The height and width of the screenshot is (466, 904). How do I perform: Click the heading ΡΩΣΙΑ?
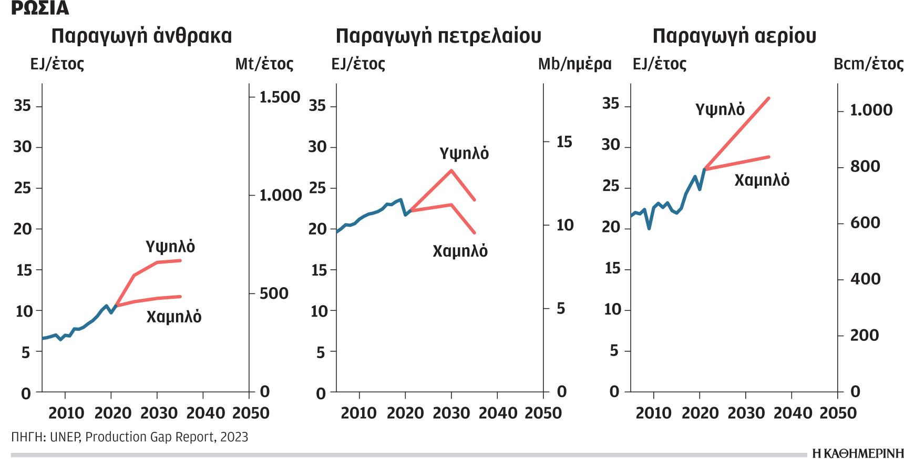pyautogui.click(x=40, y=8)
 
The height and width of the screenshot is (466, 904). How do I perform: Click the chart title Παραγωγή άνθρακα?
pyautogui.click(x=141, y=36)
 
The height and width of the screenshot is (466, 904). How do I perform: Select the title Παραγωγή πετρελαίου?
pyautogui.click(x=438, y=36)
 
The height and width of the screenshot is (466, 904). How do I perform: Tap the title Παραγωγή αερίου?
pyautogui.click(x=734, y=36)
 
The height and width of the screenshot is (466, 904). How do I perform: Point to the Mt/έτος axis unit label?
pyautogui.click(x=264, y=64)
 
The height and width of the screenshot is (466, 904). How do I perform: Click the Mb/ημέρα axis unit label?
pyautogui.click(x=574, y=64)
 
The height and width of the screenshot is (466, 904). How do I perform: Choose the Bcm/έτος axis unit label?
pyautogui.click(x=868, y=64)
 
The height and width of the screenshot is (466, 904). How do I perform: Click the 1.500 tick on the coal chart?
pyautogui.click(x=280, y=97)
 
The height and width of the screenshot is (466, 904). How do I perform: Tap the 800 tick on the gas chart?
pyautogui.click(x=865, y=166)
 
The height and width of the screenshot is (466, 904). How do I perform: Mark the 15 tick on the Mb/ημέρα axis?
pyautogui.click(x=564, y=141)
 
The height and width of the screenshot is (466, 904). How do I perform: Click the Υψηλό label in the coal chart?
pyautogui.click(x=170, y=246)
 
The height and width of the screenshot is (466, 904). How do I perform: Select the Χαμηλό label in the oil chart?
pyautogui.click(x=460, y=251)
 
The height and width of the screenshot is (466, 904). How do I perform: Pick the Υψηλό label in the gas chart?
pyautogui.click(x=720, y=109)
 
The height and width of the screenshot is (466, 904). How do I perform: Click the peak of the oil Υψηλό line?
pyautogui.click(x=451, y=170)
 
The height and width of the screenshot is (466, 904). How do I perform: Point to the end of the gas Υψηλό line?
pyautogui.click(x=769, y=98)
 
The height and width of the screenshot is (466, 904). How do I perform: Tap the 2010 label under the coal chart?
pyautogui.click(x=66, y=413)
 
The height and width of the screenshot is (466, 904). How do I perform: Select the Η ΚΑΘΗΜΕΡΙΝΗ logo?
pyautogui.click(x=857, y=453)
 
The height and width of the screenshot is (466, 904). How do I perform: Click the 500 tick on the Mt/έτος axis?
pyautogui.click(x=274, y=293)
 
